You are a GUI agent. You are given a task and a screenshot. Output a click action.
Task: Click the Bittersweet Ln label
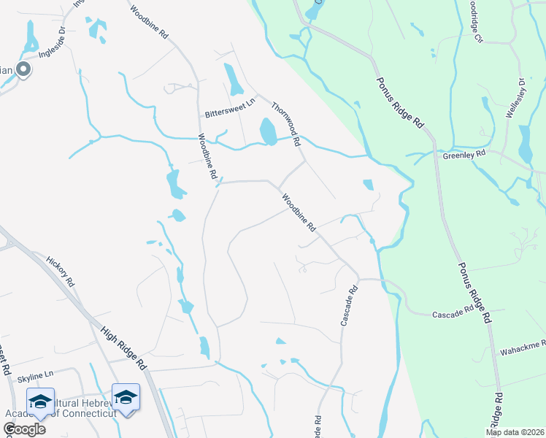coord(230,109)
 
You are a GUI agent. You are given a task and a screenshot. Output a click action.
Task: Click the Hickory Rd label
coord(61,270)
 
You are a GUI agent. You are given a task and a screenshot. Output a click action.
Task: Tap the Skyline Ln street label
coord(36,374)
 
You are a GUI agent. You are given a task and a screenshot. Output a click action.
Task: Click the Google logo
coord(24,429)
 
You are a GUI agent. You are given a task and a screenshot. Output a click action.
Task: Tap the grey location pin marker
coord(23,70)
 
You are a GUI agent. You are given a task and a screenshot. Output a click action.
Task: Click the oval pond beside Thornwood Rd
coord(268,132)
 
